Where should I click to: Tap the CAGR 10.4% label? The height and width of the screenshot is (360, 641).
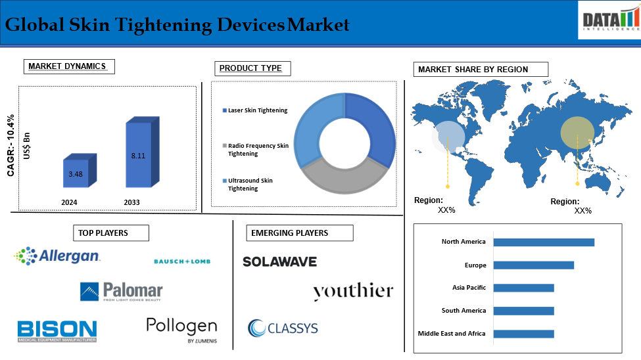point(11,145)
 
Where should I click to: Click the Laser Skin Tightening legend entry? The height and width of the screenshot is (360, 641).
point(254,110)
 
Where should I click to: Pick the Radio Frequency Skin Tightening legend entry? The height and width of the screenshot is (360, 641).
point(256,150)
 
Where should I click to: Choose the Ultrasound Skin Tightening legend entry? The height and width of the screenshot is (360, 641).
point(247,185)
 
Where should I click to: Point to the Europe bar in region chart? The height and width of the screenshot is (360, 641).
point(533,265)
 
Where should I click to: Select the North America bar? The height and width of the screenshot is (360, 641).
point(544,242)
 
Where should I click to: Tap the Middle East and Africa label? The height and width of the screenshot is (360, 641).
point(452,334)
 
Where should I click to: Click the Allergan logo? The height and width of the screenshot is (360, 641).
point(57,256)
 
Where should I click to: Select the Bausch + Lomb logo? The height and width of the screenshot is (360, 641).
point(182,261)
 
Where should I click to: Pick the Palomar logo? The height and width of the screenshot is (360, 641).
point(122,292)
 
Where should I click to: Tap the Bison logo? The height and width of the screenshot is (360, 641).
point(57,331)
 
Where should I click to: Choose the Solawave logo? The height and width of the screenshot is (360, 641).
point(279,262)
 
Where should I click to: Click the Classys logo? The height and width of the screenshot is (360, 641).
point(283,328)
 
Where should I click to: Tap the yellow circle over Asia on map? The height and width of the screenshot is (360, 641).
point(577,133)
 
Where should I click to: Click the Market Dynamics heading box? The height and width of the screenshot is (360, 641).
point(69,66)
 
